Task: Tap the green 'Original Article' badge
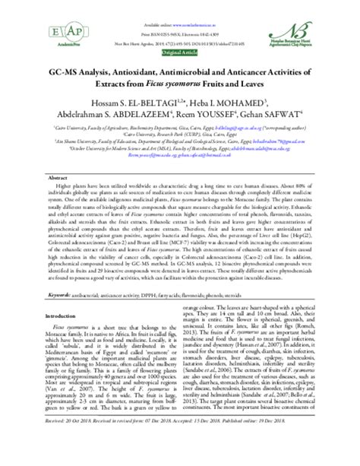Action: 180,53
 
